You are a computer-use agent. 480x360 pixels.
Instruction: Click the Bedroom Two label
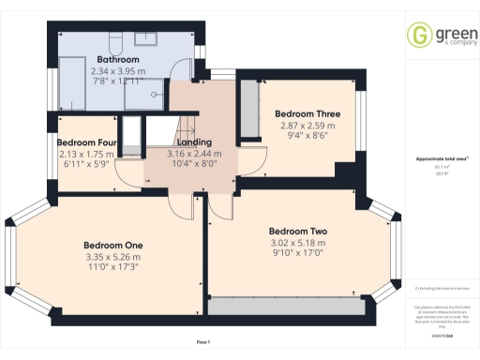pyautogui.click(x=297, y=231)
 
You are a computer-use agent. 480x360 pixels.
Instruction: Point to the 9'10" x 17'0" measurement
pyautogui.click(x=297, y=251)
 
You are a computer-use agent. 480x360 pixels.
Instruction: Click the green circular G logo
pyautogui.click(x=417, y=36)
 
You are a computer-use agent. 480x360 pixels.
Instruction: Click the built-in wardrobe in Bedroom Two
pyautogui.click(x=285, y=305)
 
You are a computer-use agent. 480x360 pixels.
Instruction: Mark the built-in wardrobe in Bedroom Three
pyautogui.click(x=249, y=109)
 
